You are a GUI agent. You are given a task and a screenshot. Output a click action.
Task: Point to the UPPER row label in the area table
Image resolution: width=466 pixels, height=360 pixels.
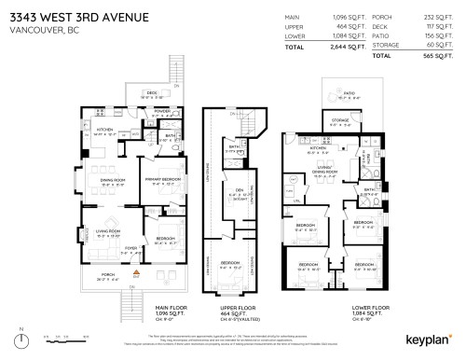(x=297, y=27)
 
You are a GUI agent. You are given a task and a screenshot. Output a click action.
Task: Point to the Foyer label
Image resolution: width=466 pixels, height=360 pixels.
(x=131, y=248)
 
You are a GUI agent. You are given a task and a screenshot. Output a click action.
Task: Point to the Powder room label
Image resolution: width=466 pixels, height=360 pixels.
(x=162, y=108)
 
